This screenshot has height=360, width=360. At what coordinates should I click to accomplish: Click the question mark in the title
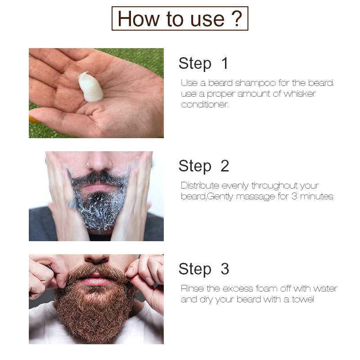pyautogui.click(x=237, y=18)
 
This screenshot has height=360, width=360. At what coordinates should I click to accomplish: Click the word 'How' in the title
pyautogui.click(x=139, y=19)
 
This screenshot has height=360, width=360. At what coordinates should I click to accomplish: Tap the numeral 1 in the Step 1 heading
pyautogui.click(x=225, y=63)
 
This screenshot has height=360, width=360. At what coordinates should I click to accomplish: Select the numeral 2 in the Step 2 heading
pyautogui.click(x=225, y=166)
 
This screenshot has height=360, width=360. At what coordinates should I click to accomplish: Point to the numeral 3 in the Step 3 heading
pyautogui.click(x=225, y=269)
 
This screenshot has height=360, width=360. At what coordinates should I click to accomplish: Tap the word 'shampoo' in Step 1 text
pyautogui.click(x=255, y=83)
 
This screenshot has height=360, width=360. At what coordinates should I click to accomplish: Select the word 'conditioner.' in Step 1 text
pyautogui.click(x=205, y=105)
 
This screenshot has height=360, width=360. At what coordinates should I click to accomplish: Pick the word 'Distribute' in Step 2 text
pyautogui.click(x=200, y=185)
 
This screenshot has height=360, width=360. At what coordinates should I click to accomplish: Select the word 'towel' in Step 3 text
pyautogui.click(x=303, y=299)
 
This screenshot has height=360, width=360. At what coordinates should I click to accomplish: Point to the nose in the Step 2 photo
pyautogui.click(x=99, y=161)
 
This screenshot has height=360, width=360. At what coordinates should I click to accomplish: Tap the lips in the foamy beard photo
pyautogui.click(x=99, y=187)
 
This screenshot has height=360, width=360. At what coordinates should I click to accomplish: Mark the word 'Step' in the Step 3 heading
pyautogui.click(x=195, y=269)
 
